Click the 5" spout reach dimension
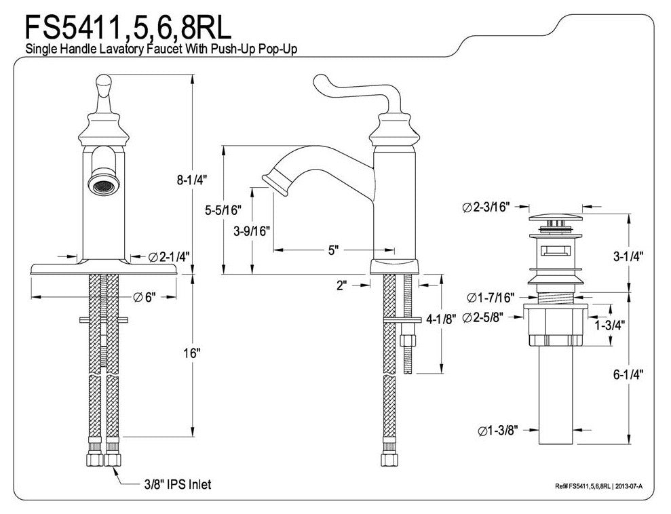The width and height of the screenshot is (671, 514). tap(332, 250)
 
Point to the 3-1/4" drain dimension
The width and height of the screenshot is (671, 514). tap(628, 256)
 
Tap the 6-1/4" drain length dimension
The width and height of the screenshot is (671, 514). tap(628, 373)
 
